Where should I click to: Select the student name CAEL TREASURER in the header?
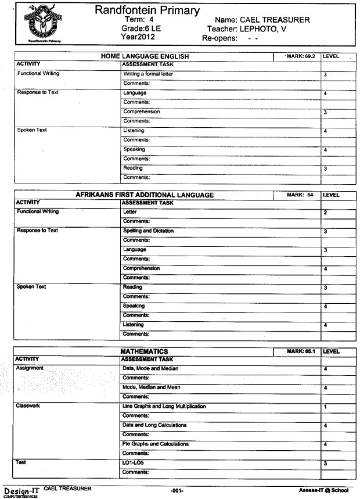click(276, 20)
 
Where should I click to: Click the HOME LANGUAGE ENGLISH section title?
click(145, 56)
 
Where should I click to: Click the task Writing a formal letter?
click(148, 74)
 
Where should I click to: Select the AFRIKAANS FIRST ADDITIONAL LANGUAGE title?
click(145, 195)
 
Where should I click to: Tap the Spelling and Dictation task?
click(148, 231)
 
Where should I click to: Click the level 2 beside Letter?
click(325, 213)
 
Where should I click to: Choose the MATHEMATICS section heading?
click(144, 351)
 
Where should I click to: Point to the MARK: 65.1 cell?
click(300, 351)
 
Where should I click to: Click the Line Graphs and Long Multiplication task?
click(164, 406)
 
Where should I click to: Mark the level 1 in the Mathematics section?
click(325, 407)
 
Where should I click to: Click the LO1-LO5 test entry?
click(133, 462)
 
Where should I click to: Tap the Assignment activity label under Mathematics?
click(30, 368)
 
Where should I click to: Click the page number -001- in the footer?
click(177, 491)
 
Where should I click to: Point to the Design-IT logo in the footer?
click(21, 491)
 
